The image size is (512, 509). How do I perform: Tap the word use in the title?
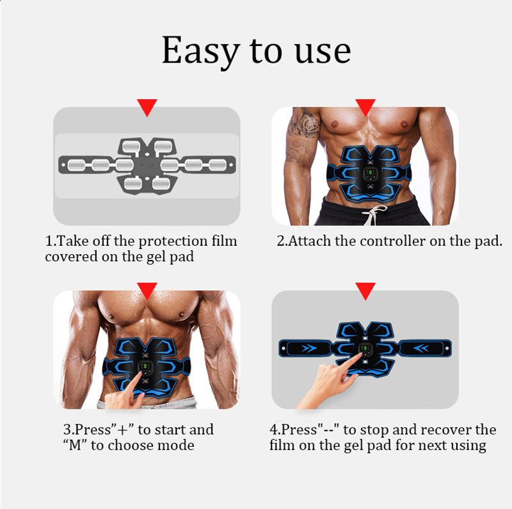pos(323,53)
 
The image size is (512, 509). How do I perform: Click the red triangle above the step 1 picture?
pos(147,107)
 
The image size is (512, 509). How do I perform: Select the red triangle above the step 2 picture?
pos(365,107)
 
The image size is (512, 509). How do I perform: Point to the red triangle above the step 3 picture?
pos(147,291)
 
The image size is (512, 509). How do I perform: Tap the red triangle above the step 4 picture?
pos(365,291)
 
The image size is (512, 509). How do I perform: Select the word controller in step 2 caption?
pos(393,241)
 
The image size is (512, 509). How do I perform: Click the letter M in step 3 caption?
pos(75,445)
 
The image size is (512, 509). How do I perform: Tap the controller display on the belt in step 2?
pos(370,173)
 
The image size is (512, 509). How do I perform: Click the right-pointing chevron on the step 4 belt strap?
pos(309,348)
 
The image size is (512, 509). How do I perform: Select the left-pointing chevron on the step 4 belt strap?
pos(421,348)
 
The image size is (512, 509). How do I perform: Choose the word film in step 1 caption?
pos(225,241)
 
